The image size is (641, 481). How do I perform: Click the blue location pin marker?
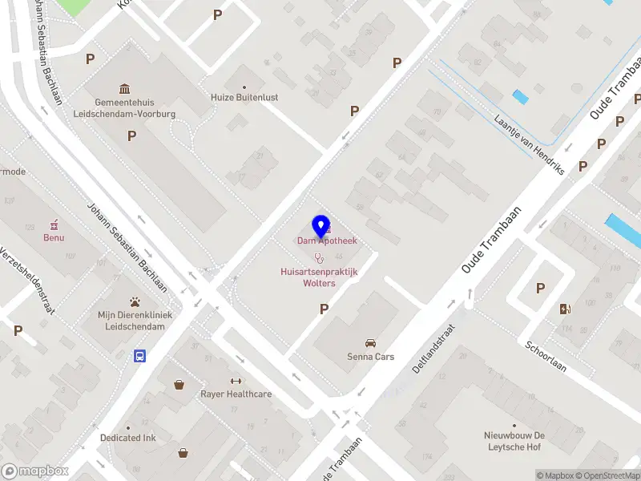[x=320, y=227]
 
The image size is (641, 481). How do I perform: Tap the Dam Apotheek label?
[x=328, y=240]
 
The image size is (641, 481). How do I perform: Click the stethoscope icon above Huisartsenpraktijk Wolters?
[x=319, y=258]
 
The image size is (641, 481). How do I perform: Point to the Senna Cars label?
[x=370, y=357]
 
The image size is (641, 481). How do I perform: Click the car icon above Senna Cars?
[x=370, y=342]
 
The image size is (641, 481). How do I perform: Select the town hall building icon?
[x=125, y=88]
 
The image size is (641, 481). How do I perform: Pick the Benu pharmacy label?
[x=54, y=237]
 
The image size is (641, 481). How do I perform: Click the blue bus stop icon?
[x=140, y=356]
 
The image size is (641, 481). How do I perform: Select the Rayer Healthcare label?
[x=236, y=394]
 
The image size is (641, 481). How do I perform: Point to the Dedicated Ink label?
[x=128, y=438]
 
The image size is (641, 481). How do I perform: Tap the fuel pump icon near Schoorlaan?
[x=566, y=309]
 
